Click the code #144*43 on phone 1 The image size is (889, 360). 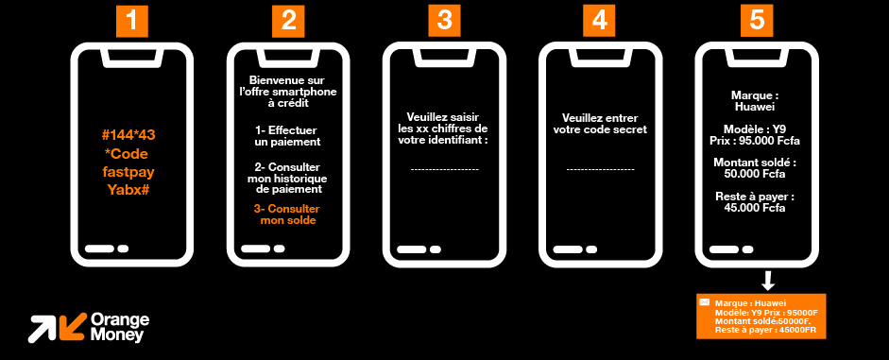coord(131,135)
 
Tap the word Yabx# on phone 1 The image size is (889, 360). coord(131,190)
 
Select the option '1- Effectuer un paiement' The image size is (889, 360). coord(287,135)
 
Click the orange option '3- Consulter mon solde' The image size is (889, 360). coord(287,214)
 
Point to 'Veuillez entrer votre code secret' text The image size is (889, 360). coord(600,123)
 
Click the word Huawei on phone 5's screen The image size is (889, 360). coord(756,108)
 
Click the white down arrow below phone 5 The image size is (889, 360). coord(767,280)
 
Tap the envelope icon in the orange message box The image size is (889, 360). coord(705,302)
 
